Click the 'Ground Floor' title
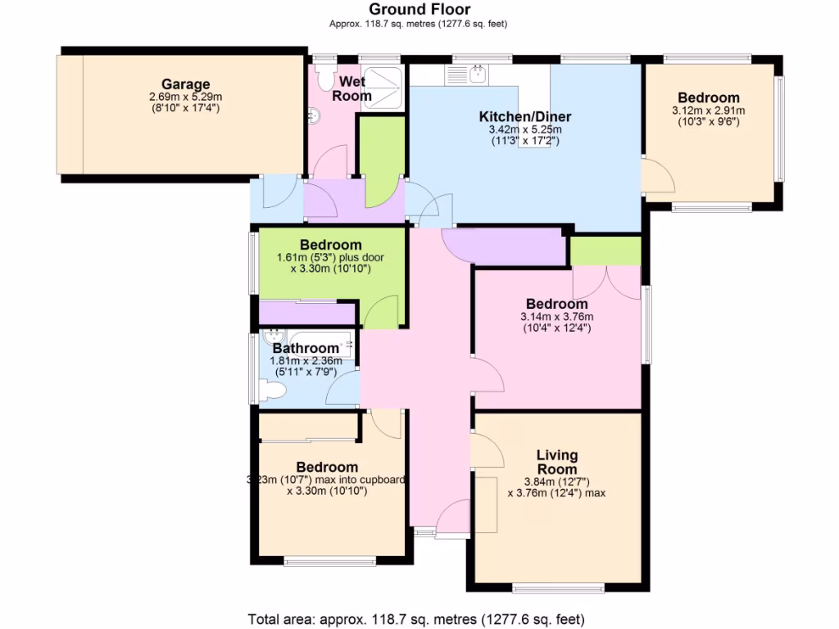pos(419,10)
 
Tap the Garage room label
pos(185,84)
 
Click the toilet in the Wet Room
pos(324,79)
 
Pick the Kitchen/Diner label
pos(524,116)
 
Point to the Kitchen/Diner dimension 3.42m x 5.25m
pos(524,129)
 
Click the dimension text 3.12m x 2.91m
pos(708,111)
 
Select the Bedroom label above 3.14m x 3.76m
pos(556,304)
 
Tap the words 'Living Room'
pos(556,462)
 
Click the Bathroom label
pos(305,348)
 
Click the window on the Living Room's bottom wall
pos(557,587)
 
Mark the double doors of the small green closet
pos(605,282)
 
